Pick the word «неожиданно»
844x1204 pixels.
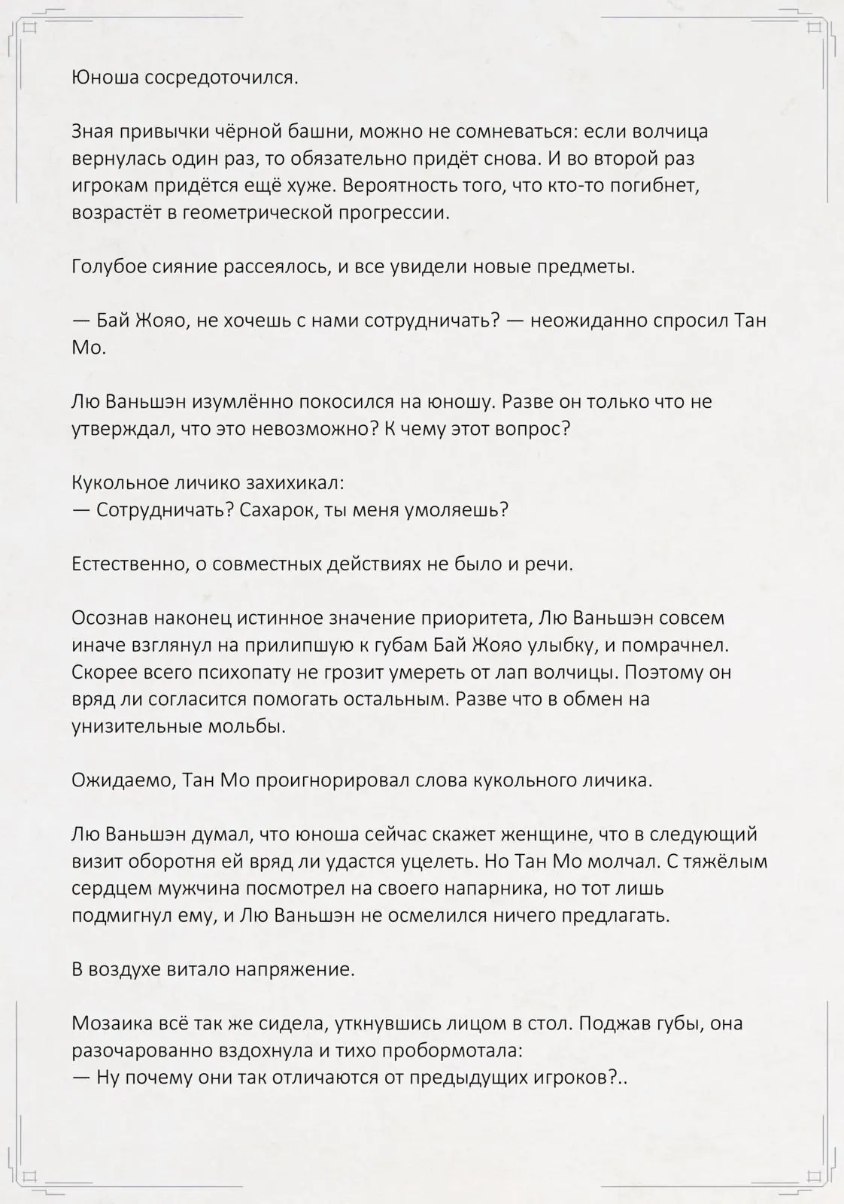point(581,321)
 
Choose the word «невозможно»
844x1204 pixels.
point(320,429)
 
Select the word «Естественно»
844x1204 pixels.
point(129,564)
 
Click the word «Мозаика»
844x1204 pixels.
point(108,1023)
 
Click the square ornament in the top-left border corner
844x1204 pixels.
point(30,29)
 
